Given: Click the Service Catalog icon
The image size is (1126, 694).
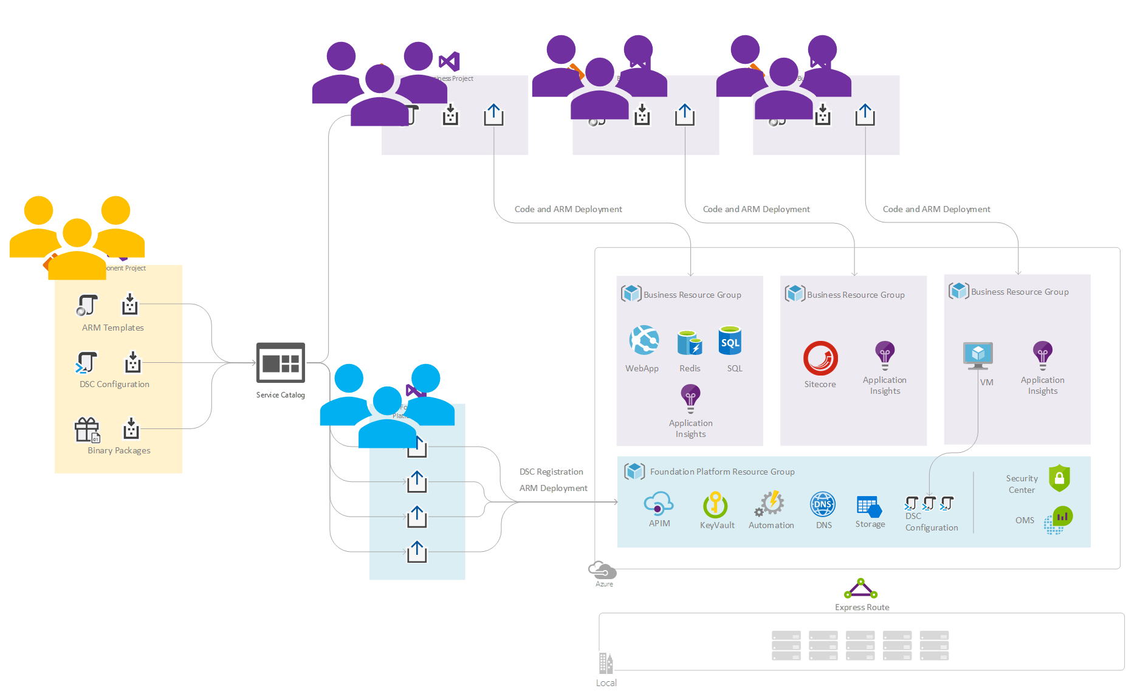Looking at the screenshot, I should coord(280,363).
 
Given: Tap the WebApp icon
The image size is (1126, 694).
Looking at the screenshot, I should coord(644,340).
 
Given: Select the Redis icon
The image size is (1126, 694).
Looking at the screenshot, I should coord(690,342).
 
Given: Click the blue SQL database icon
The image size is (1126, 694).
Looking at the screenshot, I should coord(730,341).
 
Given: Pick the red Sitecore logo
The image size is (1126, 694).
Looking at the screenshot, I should coord(820,359).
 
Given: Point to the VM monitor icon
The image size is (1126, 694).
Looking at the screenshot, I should coord(978,356).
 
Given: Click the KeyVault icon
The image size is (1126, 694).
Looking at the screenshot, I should coord(716,504).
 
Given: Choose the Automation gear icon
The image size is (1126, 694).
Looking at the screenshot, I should coord(770,504).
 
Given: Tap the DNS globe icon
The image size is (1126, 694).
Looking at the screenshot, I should coord(823,504).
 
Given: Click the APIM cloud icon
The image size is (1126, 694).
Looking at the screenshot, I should coord(659,504).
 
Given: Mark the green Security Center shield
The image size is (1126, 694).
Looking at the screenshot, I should coord(1059,478).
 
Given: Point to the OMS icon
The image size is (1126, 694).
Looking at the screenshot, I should coord(1058,520).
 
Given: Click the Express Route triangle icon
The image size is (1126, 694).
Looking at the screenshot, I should coord(860,589).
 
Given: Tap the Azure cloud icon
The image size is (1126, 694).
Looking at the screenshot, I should coord(602,571).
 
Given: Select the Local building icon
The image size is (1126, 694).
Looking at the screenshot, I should coord(606,663).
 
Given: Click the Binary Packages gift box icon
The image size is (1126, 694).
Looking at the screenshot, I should coord(87,430).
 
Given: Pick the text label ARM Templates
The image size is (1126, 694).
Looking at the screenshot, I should coord(113,328).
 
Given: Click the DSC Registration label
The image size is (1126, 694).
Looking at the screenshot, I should coord(551,472).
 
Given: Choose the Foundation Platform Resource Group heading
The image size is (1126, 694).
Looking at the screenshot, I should coord(722,472).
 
